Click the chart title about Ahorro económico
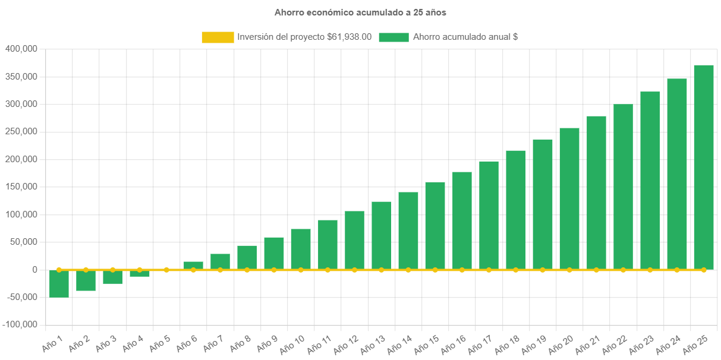360,12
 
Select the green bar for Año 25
704,166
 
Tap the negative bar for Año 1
59,284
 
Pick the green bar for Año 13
382,235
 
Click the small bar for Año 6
193,265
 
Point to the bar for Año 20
569,198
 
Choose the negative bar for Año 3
112,277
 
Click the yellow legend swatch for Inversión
218,37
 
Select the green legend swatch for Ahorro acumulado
393,37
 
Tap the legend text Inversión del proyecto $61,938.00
304,37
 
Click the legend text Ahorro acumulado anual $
465,37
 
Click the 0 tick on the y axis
35,270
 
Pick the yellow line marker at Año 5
166,270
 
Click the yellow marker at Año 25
704,270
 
